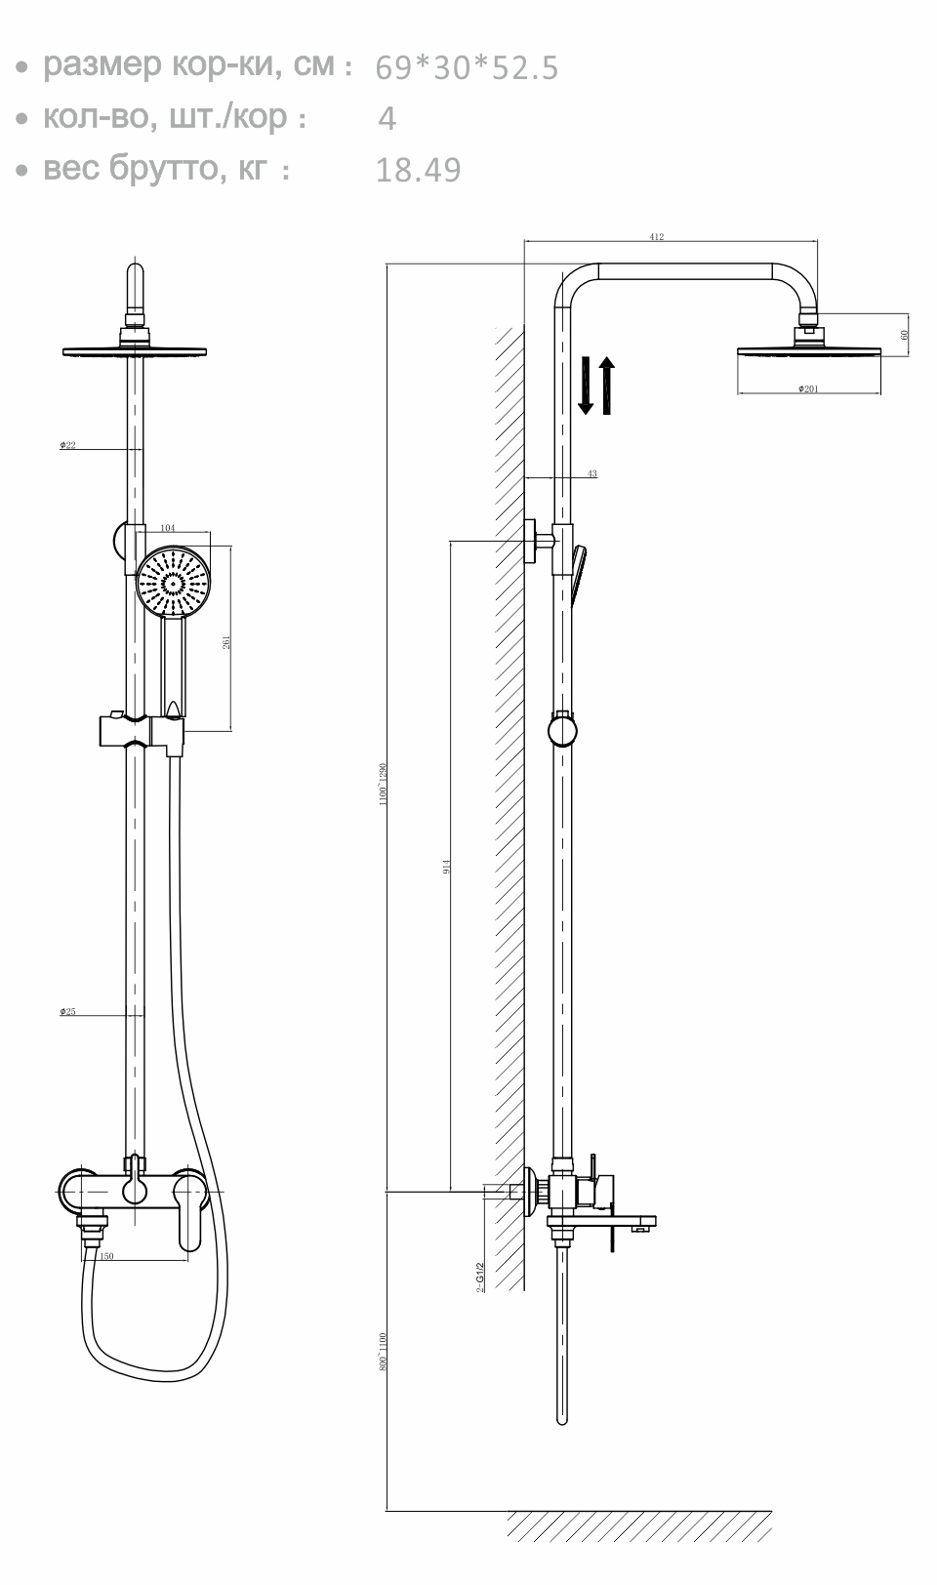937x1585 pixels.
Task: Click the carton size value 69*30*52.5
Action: [467, 68]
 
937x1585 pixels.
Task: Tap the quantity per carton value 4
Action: [387, 119]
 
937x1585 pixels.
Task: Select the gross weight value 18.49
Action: [418, 171]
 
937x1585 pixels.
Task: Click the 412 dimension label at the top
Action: [656, 237]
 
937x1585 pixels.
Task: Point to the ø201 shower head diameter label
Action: [808, 389]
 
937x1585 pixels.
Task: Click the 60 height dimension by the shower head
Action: [905, 334]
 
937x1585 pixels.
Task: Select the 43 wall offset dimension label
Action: [591, 474]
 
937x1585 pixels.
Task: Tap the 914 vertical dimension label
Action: [446, 865]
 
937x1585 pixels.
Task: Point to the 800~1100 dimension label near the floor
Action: [384, 1352]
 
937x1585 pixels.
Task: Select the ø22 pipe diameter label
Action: [67, 445]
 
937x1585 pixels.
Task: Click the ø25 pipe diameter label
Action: [67, 1012]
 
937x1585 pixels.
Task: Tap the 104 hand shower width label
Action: [168, 528]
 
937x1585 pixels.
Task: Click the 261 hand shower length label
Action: [227, 641]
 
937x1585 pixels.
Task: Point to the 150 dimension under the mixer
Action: [106, 1256]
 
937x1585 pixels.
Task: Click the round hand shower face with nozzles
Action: [173, 584]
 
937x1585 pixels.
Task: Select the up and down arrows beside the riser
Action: [595, 386]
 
